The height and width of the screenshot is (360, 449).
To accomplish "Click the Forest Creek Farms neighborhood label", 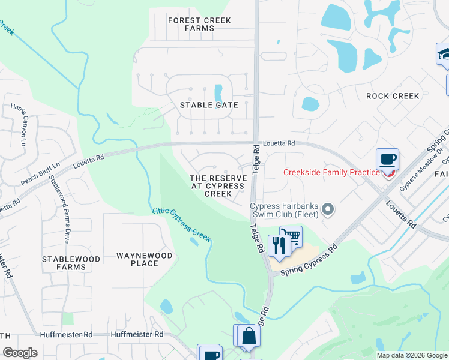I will (x=199, y=24).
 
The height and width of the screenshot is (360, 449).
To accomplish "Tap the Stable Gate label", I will (x=209, y=105).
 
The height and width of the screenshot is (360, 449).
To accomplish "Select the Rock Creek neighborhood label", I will (x=393, y=96).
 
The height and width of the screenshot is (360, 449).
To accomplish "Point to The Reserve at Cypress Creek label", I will (x=218, y=186).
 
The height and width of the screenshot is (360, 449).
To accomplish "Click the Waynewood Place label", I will (x=144, y=259).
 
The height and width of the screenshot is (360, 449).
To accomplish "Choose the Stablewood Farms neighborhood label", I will (x=67, y=263).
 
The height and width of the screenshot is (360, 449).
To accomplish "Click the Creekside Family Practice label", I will (x=331, y=173).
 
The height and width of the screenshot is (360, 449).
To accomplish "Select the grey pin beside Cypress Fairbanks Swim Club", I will (x=327, y=209).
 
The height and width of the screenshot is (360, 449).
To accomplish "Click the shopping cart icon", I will (x=291, y=236).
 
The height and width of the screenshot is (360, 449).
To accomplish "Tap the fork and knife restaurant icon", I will (x=279, y=246).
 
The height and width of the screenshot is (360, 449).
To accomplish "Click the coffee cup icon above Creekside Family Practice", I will (x=387, y=160).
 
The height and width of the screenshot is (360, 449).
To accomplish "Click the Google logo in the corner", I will (x=20, y=352).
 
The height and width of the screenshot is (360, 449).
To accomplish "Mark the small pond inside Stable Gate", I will (x=218, y=93).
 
